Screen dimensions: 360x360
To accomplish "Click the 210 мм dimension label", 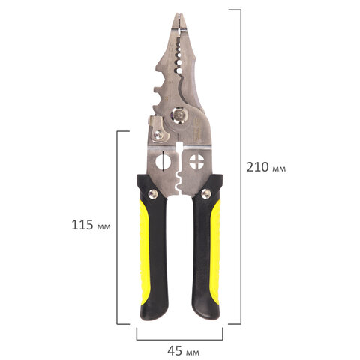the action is tap(266, 167).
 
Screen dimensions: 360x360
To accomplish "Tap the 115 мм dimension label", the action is tap(91, 225).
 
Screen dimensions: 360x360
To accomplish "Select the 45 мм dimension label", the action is tap(183, 351).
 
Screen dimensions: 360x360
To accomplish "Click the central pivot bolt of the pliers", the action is tap(179, 115).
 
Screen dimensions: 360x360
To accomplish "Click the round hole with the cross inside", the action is tap(197, 162).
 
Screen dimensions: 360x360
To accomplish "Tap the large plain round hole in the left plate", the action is tap(163, 162).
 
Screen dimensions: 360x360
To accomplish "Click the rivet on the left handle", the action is tap(152, 194).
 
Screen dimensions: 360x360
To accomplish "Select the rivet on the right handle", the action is tap(206, 193).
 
